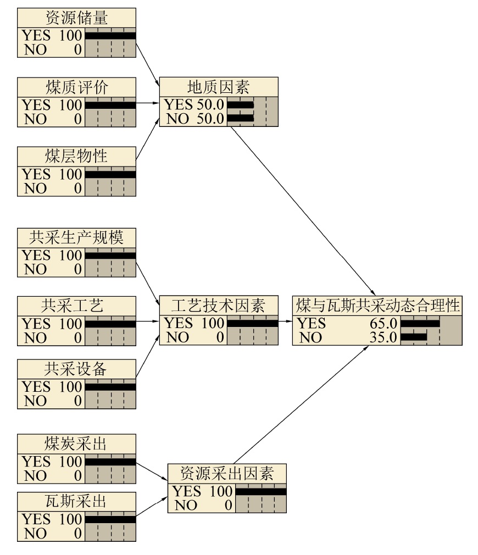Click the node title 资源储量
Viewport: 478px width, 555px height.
pos(76,18)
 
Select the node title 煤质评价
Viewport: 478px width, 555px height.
pos(76,87)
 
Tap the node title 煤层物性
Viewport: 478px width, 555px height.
pos(76,156)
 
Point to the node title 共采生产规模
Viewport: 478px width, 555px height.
pos(76,237)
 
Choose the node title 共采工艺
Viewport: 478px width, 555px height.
pos(72,306)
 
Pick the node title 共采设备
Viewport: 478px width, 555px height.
pos(75,369)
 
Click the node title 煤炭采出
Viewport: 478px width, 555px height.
pos(75,443)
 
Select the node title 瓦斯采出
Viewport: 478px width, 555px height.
pos(75,501)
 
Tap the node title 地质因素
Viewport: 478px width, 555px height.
pos(218,87)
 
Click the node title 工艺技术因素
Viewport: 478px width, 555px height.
pos(218,305)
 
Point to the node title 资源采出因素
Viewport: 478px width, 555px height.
pos(227,473)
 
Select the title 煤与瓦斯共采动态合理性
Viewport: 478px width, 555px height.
pos(377,306)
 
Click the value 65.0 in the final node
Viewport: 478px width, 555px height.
pos(383,323)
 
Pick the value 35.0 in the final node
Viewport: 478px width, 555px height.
pos(383,337)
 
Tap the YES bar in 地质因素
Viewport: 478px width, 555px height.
pos(241,105)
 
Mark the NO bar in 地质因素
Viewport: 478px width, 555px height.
pos(241,118)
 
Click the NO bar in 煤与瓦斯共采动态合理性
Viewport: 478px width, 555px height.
pos(414,337)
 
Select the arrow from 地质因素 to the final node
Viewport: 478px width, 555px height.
pos(303,211)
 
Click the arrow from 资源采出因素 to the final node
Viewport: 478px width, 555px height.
pos(301,404)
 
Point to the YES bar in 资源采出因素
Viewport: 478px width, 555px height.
pos(261,492)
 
